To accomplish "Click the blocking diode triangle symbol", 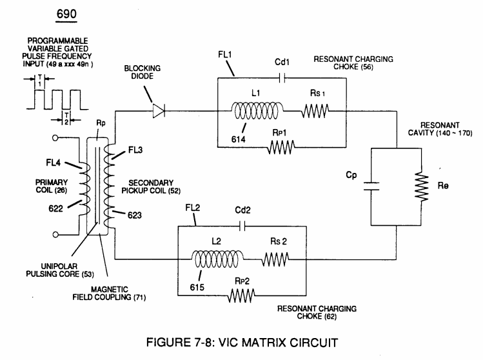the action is (159, 111).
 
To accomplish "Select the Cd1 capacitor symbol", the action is (282, 78).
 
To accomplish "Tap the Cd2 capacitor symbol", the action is (242, 226).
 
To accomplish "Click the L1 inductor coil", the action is (257, 111).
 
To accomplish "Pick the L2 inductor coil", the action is (217, 259).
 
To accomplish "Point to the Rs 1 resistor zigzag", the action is (315, 111).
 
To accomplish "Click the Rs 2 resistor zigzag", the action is (275, 259).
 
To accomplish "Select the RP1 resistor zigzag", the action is (281, 147).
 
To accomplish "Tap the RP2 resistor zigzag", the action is (241, 295).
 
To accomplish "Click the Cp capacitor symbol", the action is (371, 186).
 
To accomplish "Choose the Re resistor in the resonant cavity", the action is (421, 187).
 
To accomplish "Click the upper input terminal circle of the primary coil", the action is (55, 138).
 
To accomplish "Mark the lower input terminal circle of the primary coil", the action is (55, 235).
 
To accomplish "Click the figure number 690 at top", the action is (66, 14).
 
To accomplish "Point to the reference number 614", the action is (239, 139).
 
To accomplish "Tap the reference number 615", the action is (197, 287).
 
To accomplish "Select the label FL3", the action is (135, 150).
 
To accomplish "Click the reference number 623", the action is (135, 215).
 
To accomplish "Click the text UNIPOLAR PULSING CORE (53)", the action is (60, 270).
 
